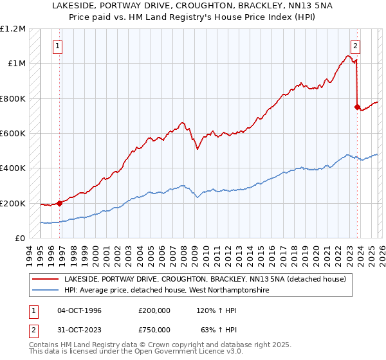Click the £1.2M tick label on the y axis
click(x=13, y=28)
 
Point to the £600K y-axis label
click(x=13, y=133)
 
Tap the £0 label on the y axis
click(x=21, y=238)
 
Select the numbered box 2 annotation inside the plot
click(x=355, y=46)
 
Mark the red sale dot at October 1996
click(x=60, y=203)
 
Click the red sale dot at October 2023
click(x=356, y=107)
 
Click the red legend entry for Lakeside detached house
click(x=205, y=279)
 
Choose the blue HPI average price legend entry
click(x=165, y=291)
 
